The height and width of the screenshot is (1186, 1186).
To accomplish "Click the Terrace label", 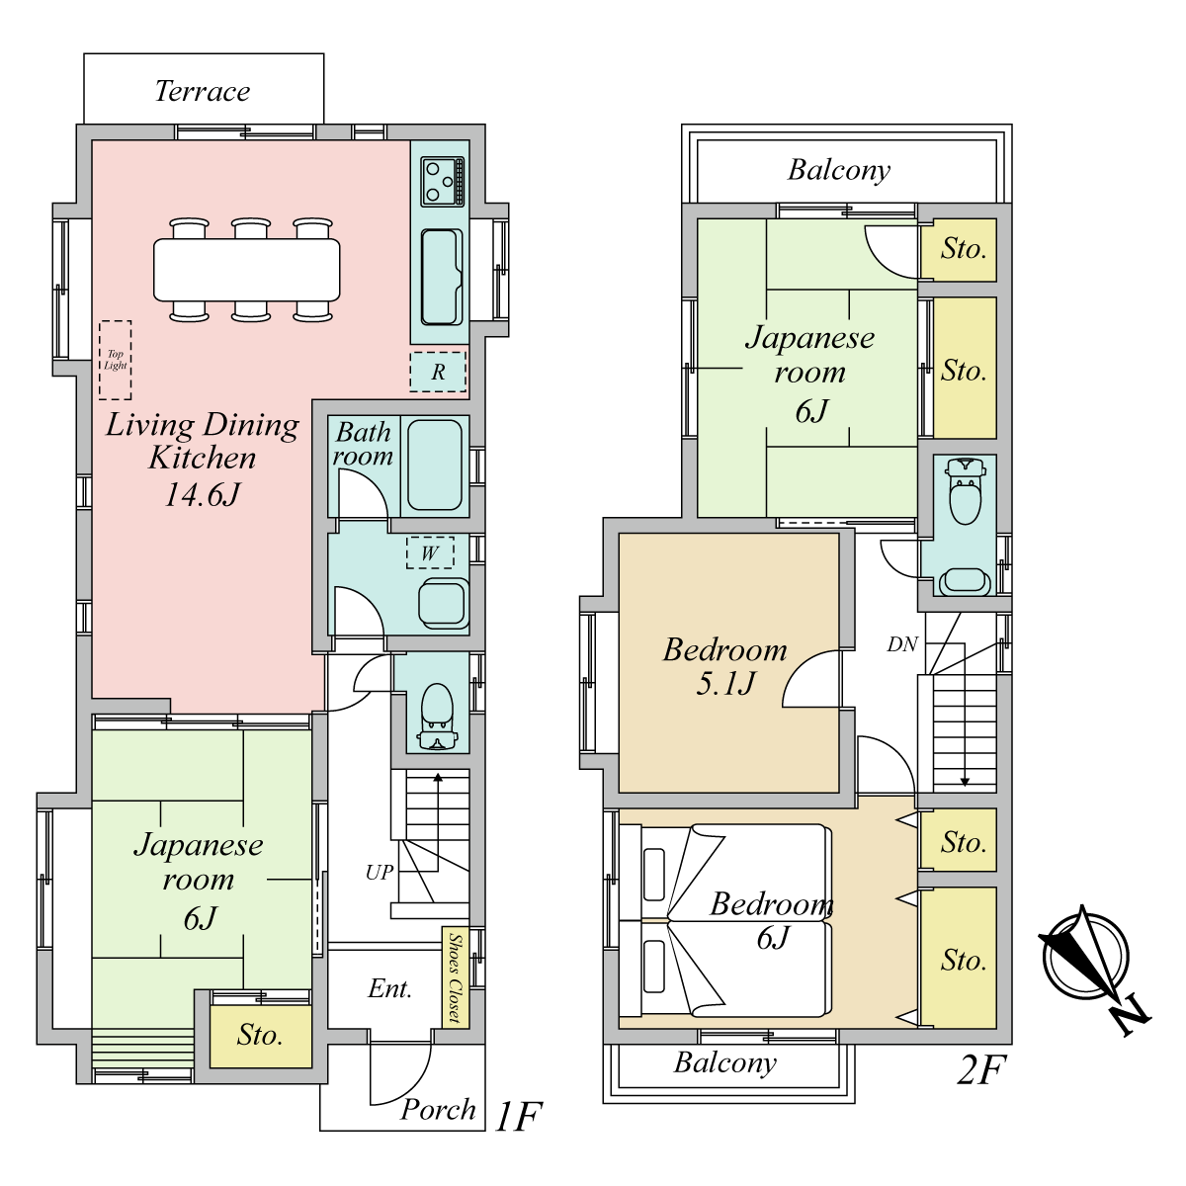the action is pyautogui.click(x=203, y=92).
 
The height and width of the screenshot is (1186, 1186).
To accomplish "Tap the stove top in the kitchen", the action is pyautogui.click(x=443, y=182).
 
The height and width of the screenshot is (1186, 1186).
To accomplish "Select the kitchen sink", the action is pyautogui.click(x=442, y=277).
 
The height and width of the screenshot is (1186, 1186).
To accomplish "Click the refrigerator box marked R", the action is pyautogui.click(x=438, y=372).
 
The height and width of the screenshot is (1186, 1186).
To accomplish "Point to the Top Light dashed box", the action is pyautogui.click(x=115, y=360).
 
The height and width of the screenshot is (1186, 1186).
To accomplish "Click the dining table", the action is pyautogui.click(x=247, y=270).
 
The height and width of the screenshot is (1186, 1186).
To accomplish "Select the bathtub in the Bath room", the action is pyautogui.click(x=435, y=466).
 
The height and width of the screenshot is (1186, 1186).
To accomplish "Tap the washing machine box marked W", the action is pyautogui.click(x=430, y=552).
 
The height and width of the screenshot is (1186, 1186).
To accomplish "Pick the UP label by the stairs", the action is pyautogui.click(x=380, y=872).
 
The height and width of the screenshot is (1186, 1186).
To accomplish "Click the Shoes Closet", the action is pyautogui.click(x=456, y=977).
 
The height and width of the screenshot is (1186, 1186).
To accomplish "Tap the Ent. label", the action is pyautogui.click(x=390, y=989).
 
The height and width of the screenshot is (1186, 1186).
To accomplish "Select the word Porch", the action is pyautogui.click(x=438, y=1110).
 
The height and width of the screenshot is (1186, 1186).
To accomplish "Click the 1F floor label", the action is pyautogui.click(x=518, y=1117).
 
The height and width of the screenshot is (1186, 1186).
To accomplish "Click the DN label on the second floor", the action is pyautogui.click(x=902, y=644).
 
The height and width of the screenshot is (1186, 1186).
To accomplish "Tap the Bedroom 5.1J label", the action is pyautogui.click(x=725, y=666).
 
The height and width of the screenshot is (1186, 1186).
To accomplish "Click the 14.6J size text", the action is pyautogui.click(x=203, y=494).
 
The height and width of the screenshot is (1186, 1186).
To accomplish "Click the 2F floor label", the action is pyautogui.click(x=981, y=1070).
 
